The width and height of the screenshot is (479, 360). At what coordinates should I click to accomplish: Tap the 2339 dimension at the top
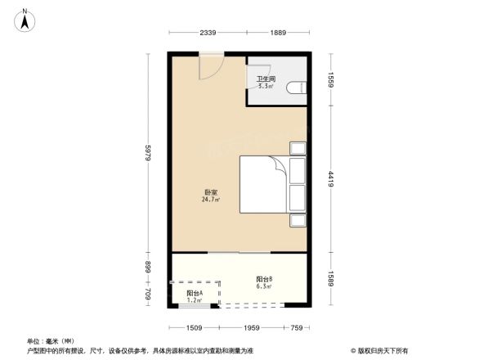(208, 33)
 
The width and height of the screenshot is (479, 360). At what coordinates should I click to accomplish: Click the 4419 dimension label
(331, 179)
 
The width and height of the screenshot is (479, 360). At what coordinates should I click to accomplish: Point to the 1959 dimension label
(250, 329)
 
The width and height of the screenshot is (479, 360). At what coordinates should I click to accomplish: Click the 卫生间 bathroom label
(265, 79)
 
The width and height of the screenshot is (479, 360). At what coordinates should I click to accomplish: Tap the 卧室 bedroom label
(210, 193)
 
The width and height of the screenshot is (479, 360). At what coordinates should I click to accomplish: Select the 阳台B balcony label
(264, 279)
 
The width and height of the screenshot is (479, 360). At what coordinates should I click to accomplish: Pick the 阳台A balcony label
(195, 293)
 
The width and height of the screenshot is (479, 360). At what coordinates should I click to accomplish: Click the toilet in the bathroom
(300, 86)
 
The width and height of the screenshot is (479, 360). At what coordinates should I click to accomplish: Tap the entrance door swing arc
(210, 67)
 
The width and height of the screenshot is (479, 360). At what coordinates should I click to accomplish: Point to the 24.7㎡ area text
(210, 200)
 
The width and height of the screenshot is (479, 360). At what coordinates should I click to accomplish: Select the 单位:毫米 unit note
(51, 340)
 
